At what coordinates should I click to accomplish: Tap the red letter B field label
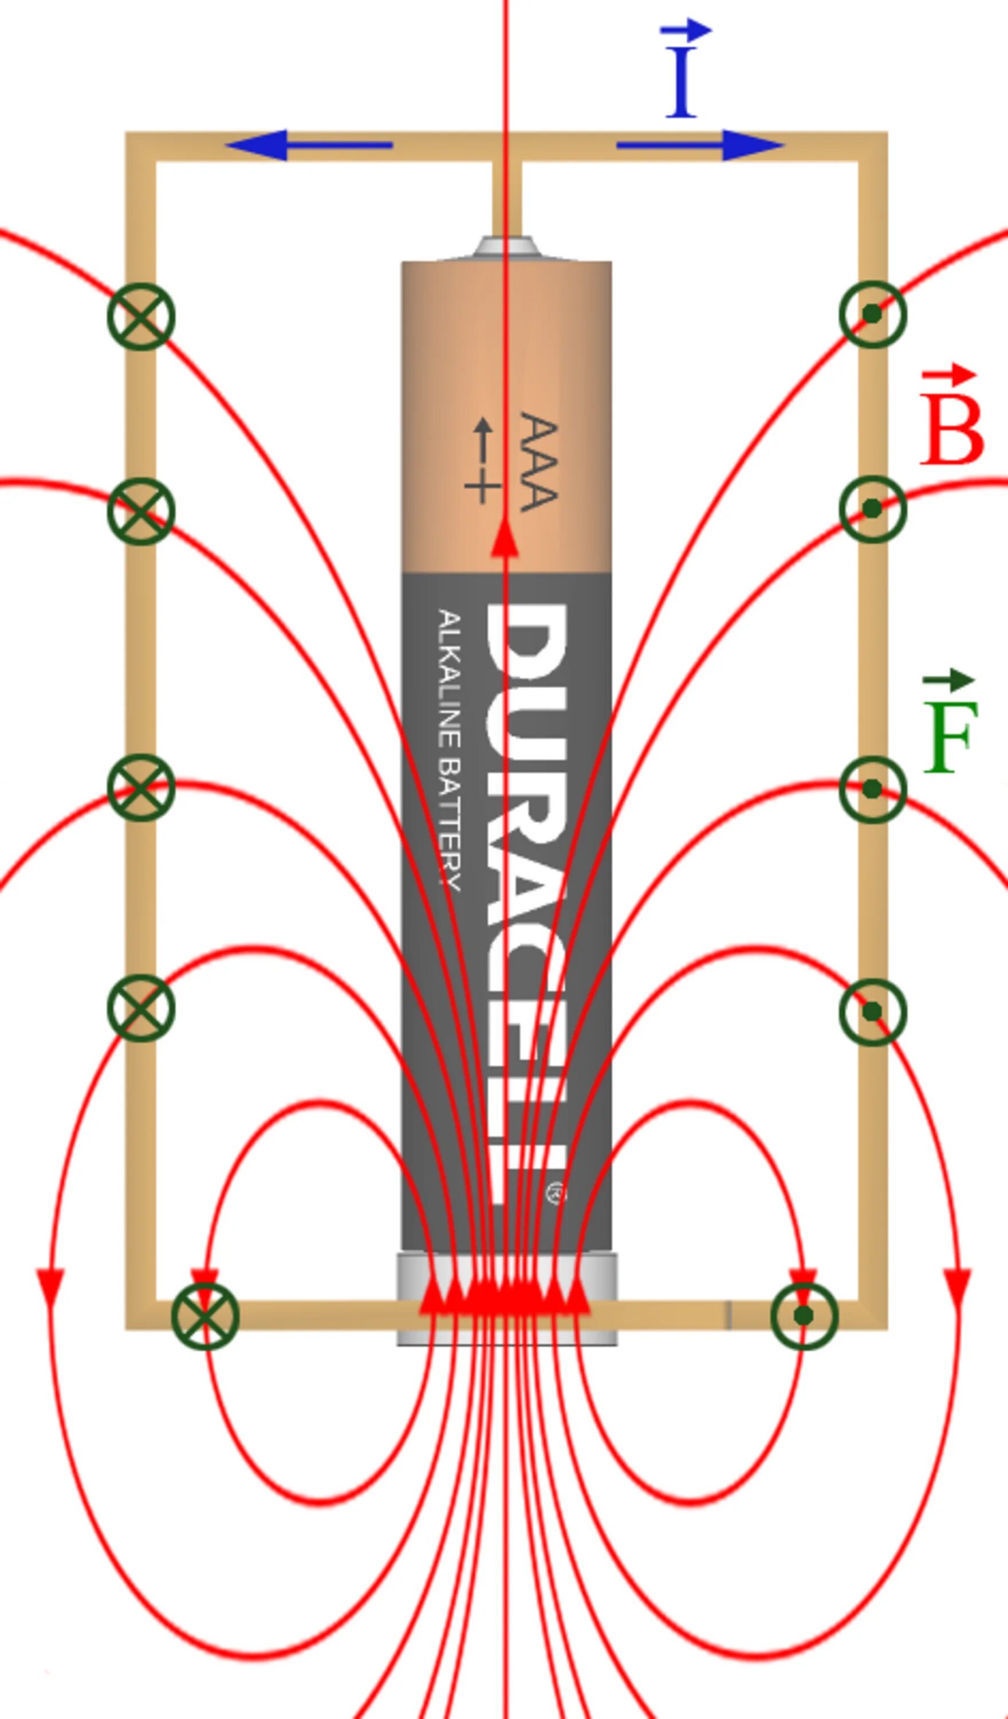point(952,430)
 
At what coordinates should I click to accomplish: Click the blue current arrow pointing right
point(700,144)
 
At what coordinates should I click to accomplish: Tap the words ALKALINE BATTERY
point(450,751)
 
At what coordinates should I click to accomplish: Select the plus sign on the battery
point(483,487)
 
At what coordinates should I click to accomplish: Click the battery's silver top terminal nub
point(505,246)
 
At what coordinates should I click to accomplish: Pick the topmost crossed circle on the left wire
point(141,316)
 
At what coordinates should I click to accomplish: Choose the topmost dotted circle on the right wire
point(872,314)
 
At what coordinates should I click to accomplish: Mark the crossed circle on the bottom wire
point(205,1316)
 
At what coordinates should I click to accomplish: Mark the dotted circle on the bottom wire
point(804,1315)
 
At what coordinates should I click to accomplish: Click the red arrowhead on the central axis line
point(505,537)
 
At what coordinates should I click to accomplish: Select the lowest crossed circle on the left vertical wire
point(141,1008)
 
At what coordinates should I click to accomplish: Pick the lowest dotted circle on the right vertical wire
point(872,1011)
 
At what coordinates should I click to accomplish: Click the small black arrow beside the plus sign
point(483,439)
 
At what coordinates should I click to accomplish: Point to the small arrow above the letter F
point(948,680)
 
